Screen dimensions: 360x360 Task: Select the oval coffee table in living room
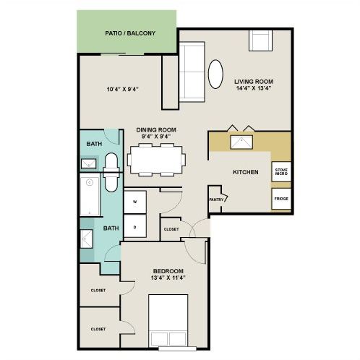pos(216,74)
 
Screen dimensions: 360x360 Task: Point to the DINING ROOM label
pos(156,130)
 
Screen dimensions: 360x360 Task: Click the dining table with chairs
pos(155,159)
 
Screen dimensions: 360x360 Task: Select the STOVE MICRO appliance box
pos(280,172)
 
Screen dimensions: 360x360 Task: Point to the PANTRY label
pos(215,199)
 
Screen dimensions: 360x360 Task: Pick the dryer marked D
pos(135,226)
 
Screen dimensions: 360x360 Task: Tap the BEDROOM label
pos(168,270)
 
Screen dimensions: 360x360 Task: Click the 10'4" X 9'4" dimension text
pos(122,90)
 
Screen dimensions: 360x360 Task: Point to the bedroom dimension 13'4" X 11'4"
pos(168,278)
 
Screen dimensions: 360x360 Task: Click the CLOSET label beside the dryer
pos(171,229)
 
